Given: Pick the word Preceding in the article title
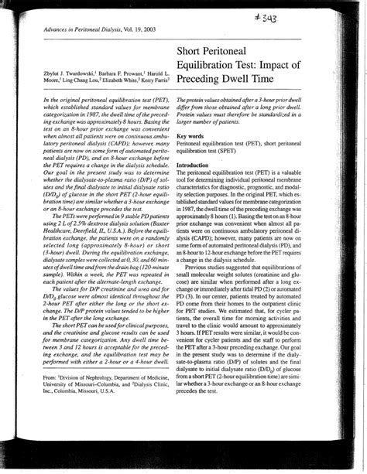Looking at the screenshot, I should click(x=204, y=79).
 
